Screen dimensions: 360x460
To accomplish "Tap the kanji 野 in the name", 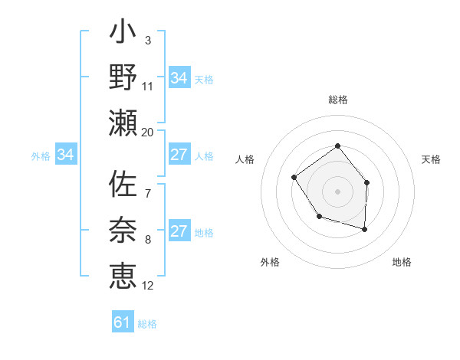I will (123, 78).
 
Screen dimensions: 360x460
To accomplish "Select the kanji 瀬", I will (123, 123).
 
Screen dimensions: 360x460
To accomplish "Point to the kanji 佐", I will (123, 186).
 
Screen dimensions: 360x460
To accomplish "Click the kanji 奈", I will (123, 230).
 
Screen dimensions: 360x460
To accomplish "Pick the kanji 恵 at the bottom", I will (123, 273).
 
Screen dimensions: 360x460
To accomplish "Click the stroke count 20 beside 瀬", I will (147, 132).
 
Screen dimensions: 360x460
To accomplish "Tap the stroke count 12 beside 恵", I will (148, 286).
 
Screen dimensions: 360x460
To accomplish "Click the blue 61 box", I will (123, 322).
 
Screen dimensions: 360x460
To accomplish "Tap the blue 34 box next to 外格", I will (66, 155).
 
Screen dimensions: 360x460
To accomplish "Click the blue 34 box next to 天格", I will (179, 78).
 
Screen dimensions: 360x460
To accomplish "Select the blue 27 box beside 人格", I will (179, 155).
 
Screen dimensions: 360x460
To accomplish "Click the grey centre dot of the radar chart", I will (337, 191).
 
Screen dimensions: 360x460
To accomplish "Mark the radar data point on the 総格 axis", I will (337, 146).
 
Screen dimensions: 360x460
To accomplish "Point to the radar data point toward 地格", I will (365, 229).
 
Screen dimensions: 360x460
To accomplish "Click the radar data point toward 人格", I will (294, 177).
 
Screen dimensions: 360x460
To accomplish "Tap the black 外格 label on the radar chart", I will (270, 262).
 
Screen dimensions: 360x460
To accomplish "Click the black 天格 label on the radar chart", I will (431, 159).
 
